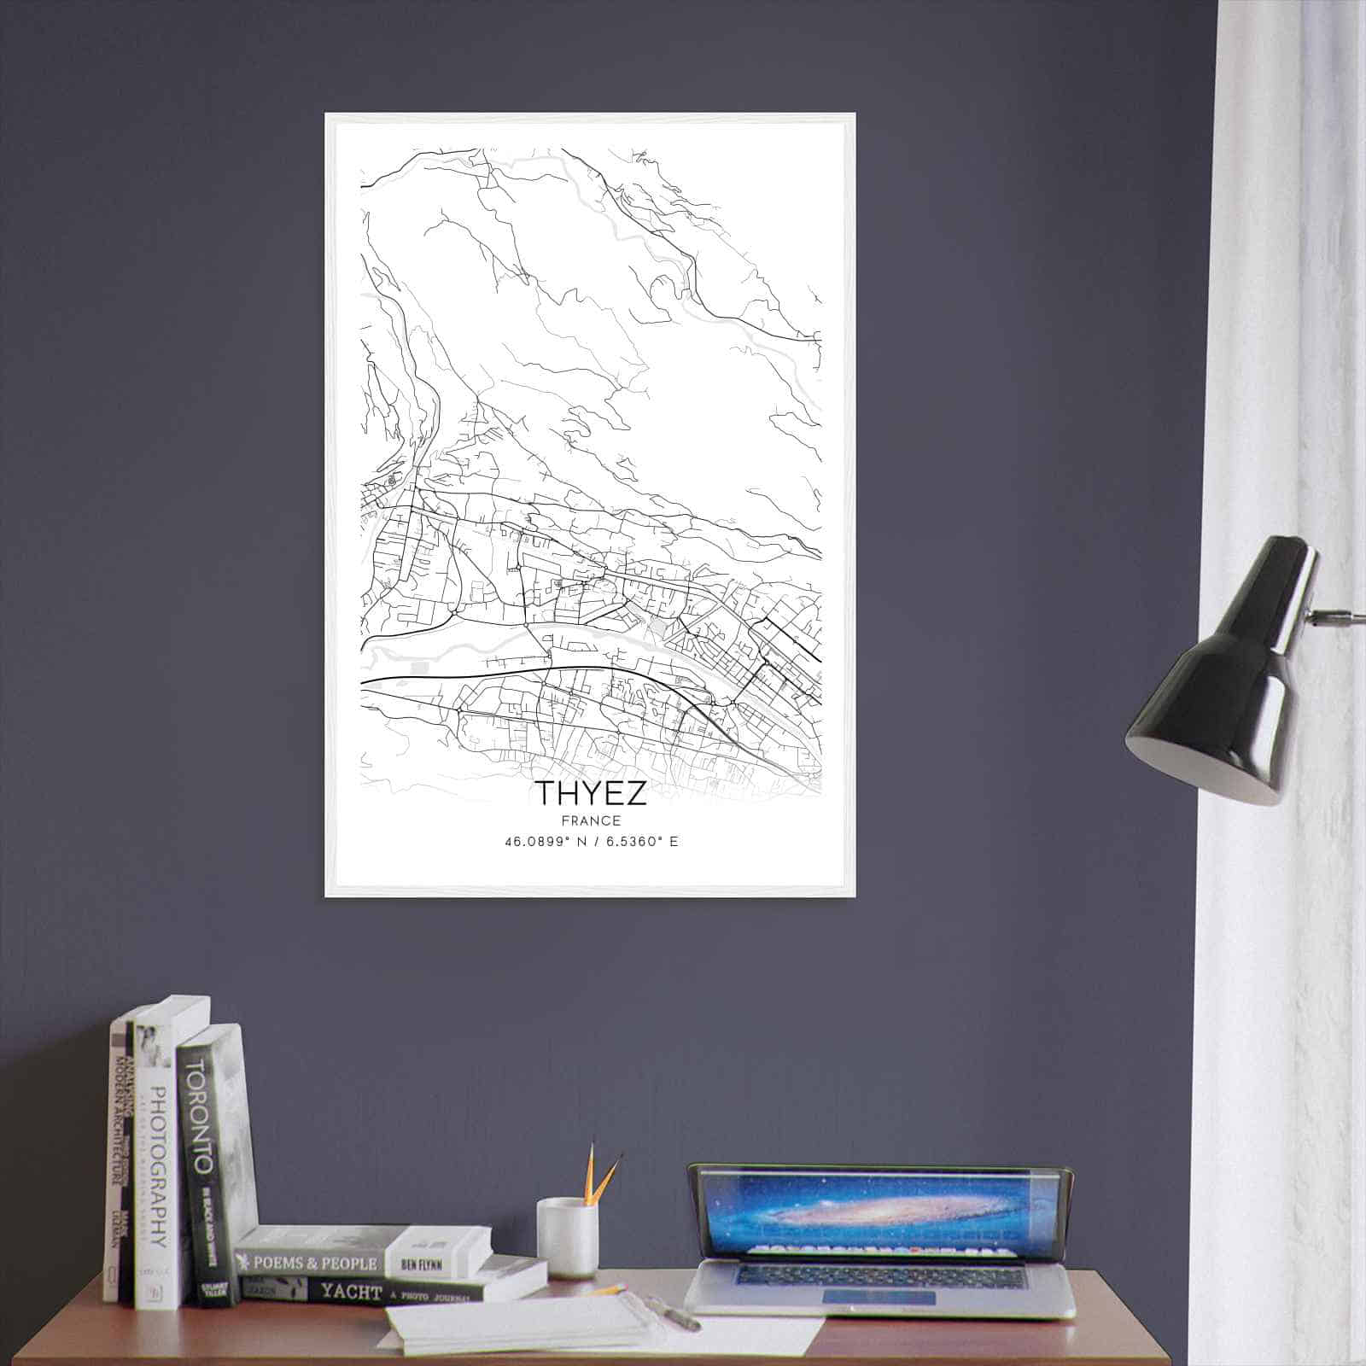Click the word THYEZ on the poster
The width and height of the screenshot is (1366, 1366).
click(x=590, y=793)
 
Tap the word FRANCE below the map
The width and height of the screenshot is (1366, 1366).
click(x=591, y=821)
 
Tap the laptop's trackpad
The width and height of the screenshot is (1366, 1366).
click(x=879, y=1298)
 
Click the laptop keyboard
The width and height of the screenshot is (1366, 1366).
click(x=879, y=1277)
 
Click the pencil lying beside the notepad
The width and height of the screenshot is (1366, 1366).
click(x=610, y=1290)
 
